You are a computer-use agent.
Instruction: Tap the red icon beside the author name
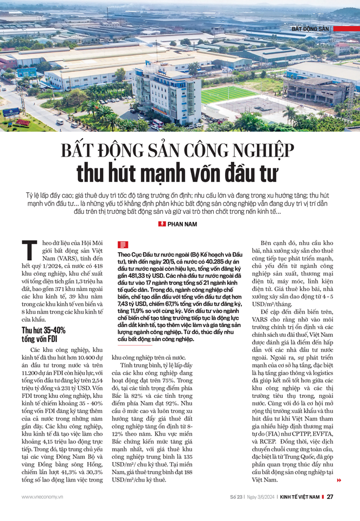[162, 224]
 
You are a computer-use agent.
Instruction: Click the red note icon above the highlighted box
[122, 245]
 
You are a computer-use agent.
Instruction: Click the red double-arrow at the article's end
[338, 480]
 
